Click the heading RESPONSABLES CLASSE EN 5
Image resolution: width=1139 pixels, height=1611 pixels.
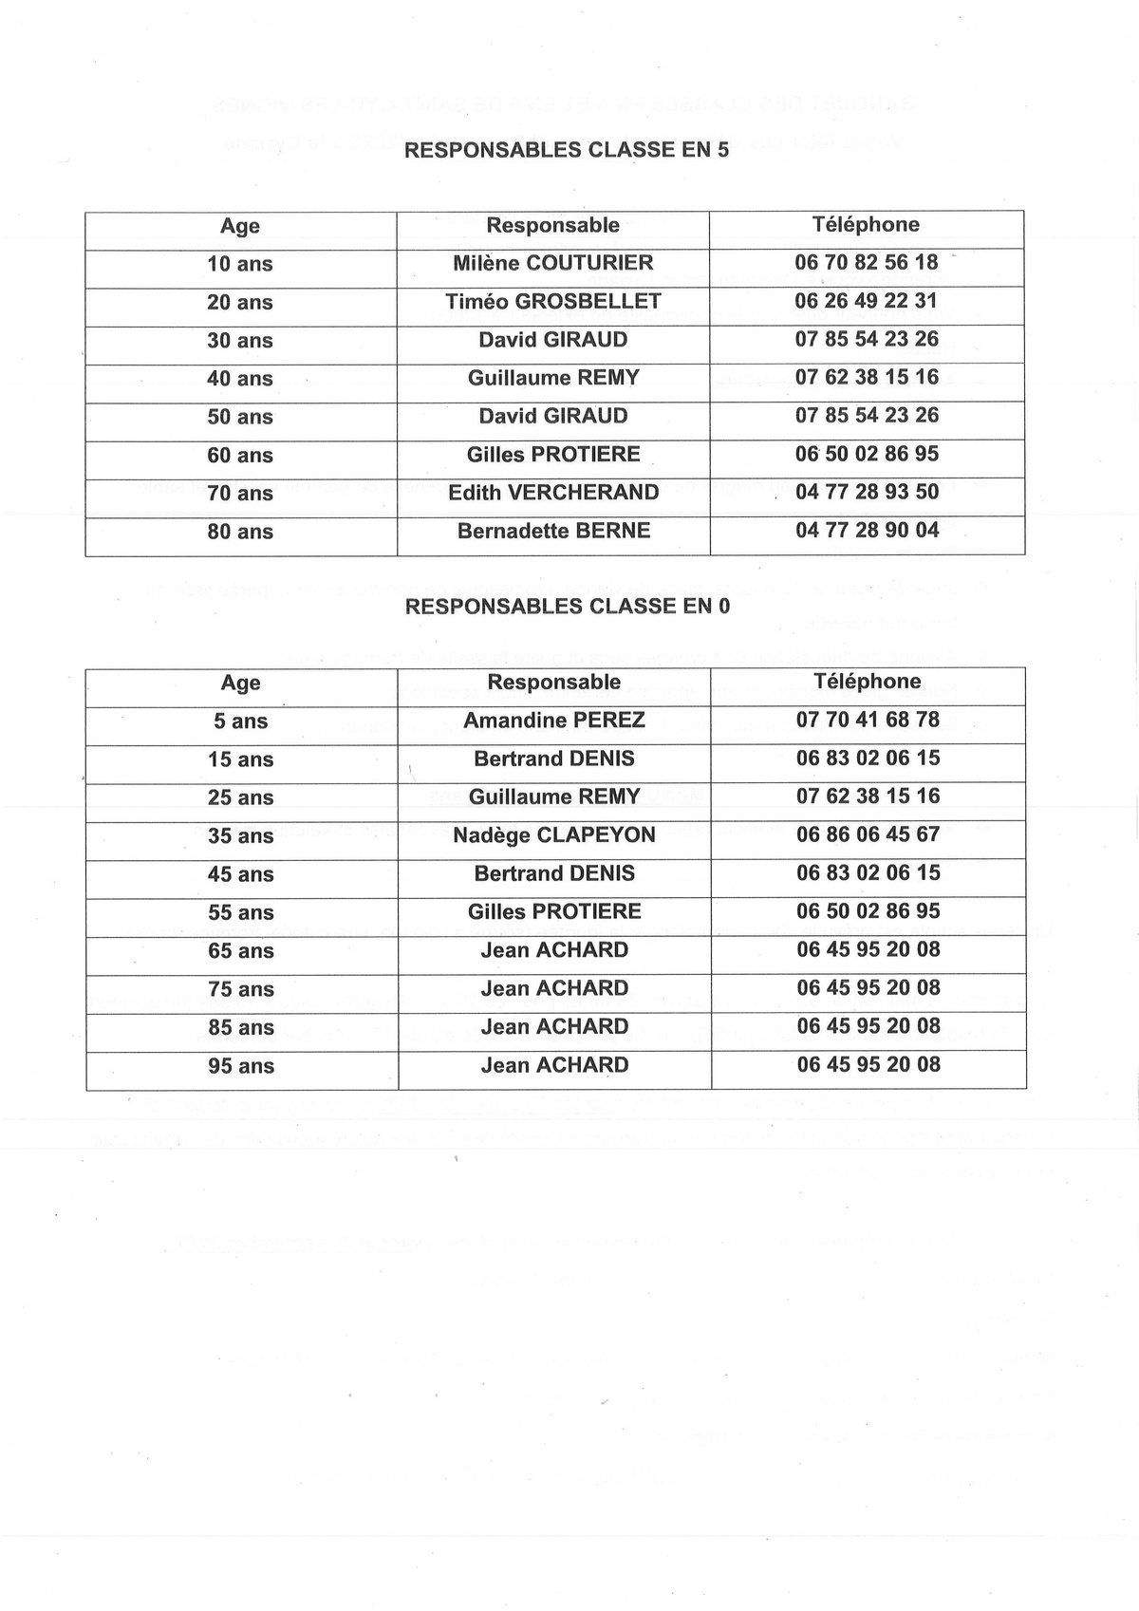click(567, 150)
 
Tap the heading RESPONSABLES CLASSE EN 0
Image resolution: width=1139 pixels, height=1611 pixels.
click(568, 607)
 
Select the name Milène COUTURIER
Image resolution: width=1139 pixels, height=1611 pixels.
click(553, 263)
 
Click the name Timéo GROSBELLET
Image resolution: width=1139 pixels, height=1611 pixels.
click(553, 302)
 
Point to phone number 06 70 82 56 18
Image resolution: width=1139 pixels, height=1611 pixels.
click(867, 262)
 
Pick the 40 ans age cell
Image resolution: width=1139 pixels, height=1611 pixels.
click(240, 379)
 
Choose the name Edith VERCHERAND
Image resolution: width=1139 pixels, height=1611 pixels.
click(553, 493)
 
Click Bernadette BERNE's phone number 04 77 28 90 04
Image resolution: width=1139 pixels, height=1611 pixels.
click(868, 530)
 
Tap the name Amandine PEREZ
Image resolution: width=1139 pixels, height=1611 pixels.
click(554, 721)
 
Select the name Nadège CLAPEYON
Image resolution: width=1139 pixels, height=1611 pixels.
click(554, 835)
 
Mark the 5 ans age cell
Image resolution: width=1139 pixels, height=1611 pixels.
click(240, 721)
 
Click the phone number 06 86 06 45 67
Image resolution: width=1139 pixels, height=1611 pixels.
click(868, 834)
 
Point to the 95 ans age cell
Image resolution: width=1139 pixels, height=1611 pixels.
click(241, 1066)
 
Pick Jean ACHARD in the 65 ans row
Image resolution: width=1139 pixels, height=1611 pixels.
click(554, 950)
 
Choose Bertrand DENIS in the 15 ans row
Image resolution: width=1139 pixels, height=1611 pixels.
click(554, 759)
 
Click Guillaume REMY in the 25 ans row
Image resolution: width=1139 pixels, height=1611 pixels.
click(554, 796)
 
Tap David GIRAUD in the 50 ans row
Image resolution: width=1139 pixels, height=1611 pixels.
click(553, 416)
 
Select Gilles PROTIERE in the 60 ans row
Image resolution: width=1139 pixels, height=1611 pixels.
click(553, 455)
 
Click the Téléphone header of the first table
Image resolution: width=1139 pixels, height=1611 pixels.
click(866, 225)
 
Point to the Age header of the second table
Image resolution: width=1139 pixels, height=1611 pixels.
click(240, 684)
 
